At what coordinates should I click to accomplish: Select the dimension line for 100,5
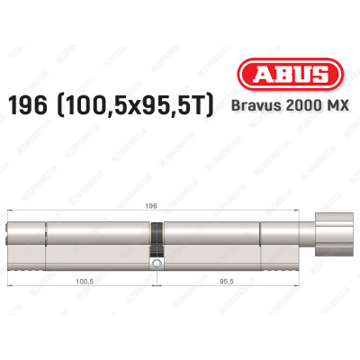(54, 288)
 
